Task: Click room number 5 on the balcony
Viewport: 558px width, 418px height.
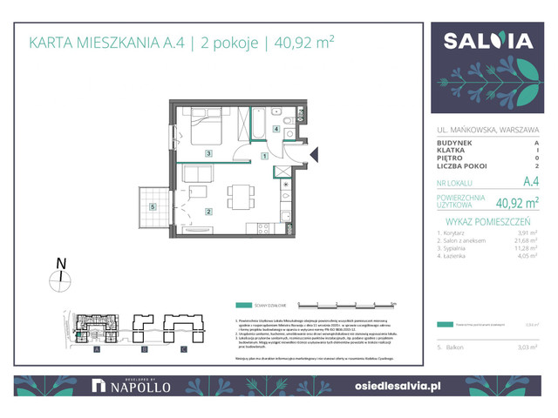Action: (x=153, y=206)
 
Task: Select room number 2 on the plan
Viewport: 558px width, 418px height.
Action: (x=209, y=211)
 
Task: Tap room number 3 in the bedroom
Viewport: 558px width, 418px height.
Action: (x=208, y=153)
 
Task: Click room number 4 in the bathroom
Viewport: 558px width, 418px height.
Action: (x=276, y=130)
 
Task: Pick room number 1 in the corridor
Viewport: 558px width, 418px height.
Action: (x=264, y=157)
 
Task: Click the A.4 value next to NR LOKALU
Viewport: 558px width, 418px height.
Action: (x=529, y=183)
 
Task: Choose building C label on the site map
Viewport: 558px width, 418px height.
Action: (x=184, y=349)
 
